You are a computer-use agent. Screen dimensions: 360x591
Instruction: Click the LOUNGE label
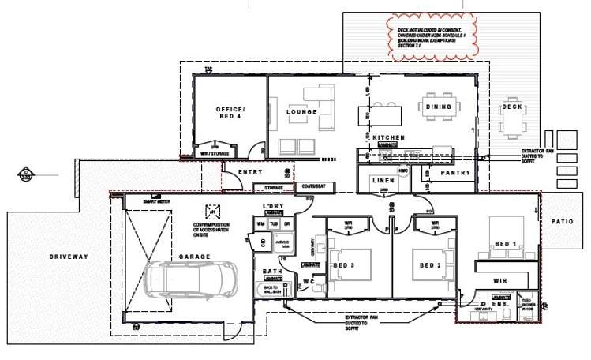[x=301, y=112]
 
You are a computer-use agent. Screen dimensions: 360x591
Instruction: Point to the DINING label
[x=439, y=107]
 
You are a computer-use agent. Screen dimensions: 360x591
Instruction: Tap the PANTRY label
[x=455, y=173]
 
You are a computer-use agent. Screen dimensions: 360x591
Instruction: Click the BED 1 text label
[x=504, y=245]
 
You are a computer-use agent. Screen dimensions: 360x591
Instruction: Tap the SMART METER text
[x=155, y=201]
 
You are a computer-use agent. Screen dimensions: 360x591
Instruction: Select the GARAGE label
[x=193, y=257]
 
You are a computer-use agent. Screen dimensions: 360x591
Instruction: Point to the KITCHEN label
[x=388, y=137]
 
